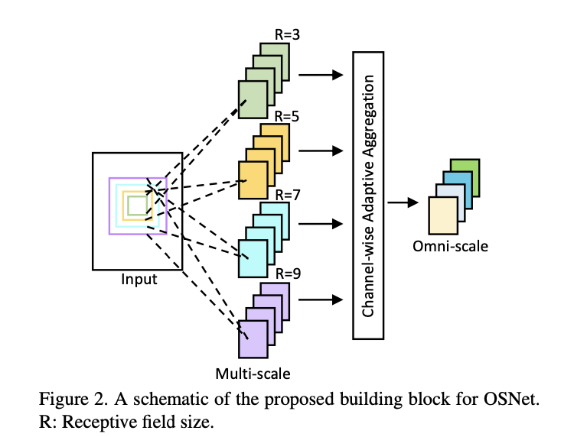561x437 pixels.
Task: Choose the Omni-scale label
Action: click(x=450, y=246)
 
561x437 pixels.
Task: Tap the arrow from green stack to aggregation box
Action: click(x=320, y=75)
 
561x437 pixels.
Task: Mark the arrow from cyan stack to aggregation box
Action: click(x=320, y=225)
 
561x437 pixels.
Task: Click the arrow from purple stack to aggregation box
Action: click(x=320, y=299)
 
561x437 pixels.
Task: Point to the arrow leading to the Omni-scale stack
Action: click(x=405, y=202)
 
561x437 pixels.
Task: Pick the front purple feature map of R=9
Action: click(x=253, y=338)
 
